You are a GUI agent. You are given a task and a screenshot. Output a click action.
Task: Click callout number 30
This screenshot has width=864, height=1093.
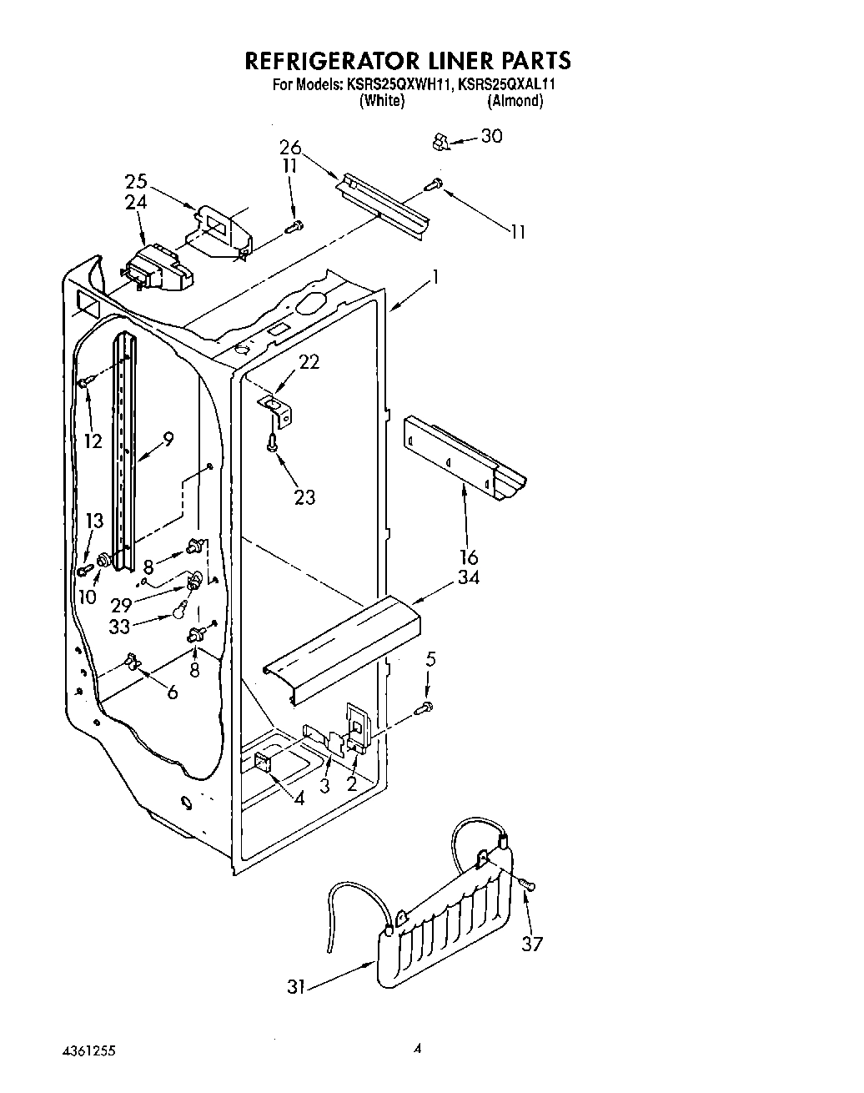click(492, 136)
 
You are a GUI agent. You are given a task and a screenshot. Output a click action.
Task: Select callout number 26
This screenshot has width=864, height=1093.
click(290, 148)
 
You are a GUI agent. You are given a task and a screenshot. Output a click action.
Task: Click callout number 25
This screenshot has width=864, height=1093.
click(136, 181)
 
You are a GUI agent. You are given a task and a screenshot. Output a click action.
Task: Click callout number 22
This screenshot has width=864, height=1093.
click(309, 362)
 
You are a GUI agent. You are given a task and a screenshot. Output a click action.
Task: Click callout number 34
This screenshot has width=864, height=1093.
click(468, 577)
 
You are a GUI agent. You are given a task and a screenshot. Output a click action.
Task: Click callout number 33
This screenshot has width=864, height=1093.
click(120, 627)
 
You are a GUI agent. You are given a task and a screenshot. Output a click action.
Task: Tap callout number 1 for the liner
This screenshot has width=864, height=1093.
click(434, 278)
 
